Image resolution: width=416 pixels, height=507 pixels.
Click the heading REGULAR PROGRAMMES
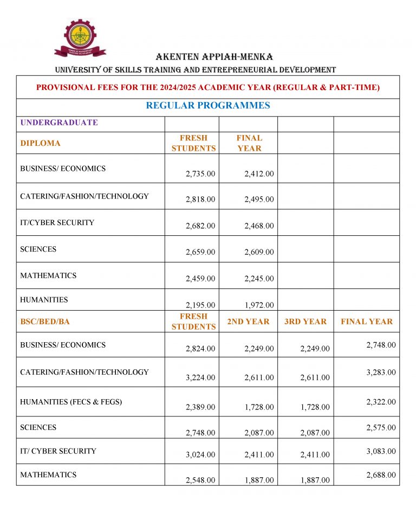pyautogui.click(x=207, y=106)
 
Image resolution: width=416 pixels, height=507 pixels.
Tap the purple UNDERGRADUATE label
pyautogui.click(x=59, y=123)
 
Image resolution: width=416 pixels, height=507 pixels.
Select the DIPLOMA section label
pyautogui.click(x=40, y=143)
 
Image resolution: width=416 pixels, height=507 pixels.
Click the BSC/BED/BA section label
pyautogui.click(x=45, y=322)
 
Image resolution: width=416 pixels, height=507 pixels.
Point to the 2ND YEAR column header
pyautogui.click(x=248, y=322)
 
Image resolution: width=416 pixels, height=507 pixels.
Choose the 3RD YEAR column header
pyautogui.click(x=305, y=322)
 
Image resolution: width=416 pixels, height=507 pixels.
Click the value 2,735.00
pyautogui.click(x=200, y=174)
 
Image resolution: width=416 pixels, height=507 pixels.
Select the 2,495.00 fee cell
pyautogui.click(x=259, y=200)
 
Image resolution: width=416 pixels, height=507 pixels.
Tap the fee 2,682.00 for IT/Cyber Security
pyautogui.click(x=200, y=226)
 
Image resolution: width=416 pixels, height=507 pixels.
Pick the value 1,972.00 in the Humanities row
pyautogui.click(x=259, y=305)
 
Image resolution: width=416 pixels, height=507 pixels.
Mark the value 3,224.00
pyautogui.click(x=200, y=377)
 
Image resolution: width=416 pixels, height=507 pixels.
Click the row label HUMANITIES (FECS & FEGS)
pyautogui.click(x=71, y=402)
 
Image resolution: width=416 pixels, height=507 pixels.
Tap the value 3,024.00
pyautogui.click(x=200, y=455)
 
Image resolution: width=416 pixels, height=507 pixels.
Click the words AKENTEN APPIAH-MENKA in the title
pyautogui.click(x=214, y=57)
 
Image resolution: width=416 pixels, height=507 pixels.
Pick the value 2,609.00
pyautogui.click(x=259, y=252)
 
